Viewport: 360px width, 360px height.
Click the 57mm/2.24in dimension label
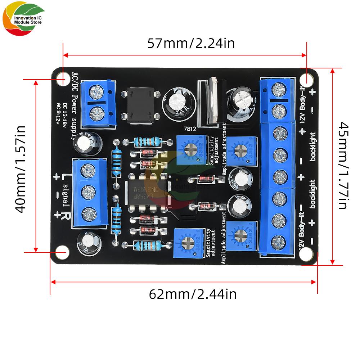pyautogui.click(x=191, y=44)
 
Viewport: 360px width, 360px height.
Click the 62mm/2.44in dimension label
pyautogui.click(x=193, y=294)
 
